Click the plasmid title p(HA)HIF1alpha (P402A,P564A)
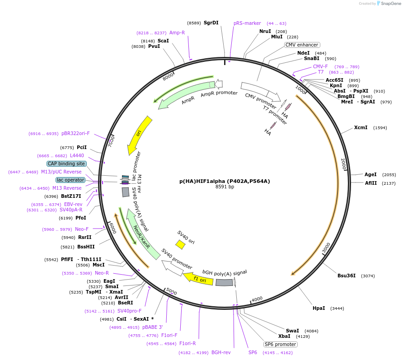pyautogui.click(x=225, y=181)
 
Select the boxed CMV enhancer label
pyautogui.click(x=302, y=45)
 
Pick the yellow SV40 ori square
pyautogui.click(x=180, y=244)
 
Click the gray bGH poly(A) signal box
pyautogui.click(x=224, y=282)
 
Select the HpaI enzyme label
pyautogui.click(x=319, y=308)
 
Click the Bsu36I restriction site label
pyautogui.click(x=347, y=276)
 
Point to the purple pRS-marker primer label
pyautogui.click(x=247, y=23)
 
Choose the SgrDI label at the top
pyautogui.click(x=211, y=23)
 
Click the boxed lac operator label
pyautogui.click(x=70, y=180)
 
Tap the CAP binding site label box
pyautogui.click(x=66, y=164)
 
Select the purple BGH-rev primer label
pyautogui.click(x=221, y=352)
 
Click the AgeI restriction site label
pyautogui.click(x=370, y=174)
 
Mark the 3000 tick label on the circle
pyautogui.click(x=326, y=248)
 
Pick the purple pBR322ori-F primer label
pyautogui.click(x=75, y=134)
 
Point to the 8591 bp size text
pyautogui.click(x=225, y=187)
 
